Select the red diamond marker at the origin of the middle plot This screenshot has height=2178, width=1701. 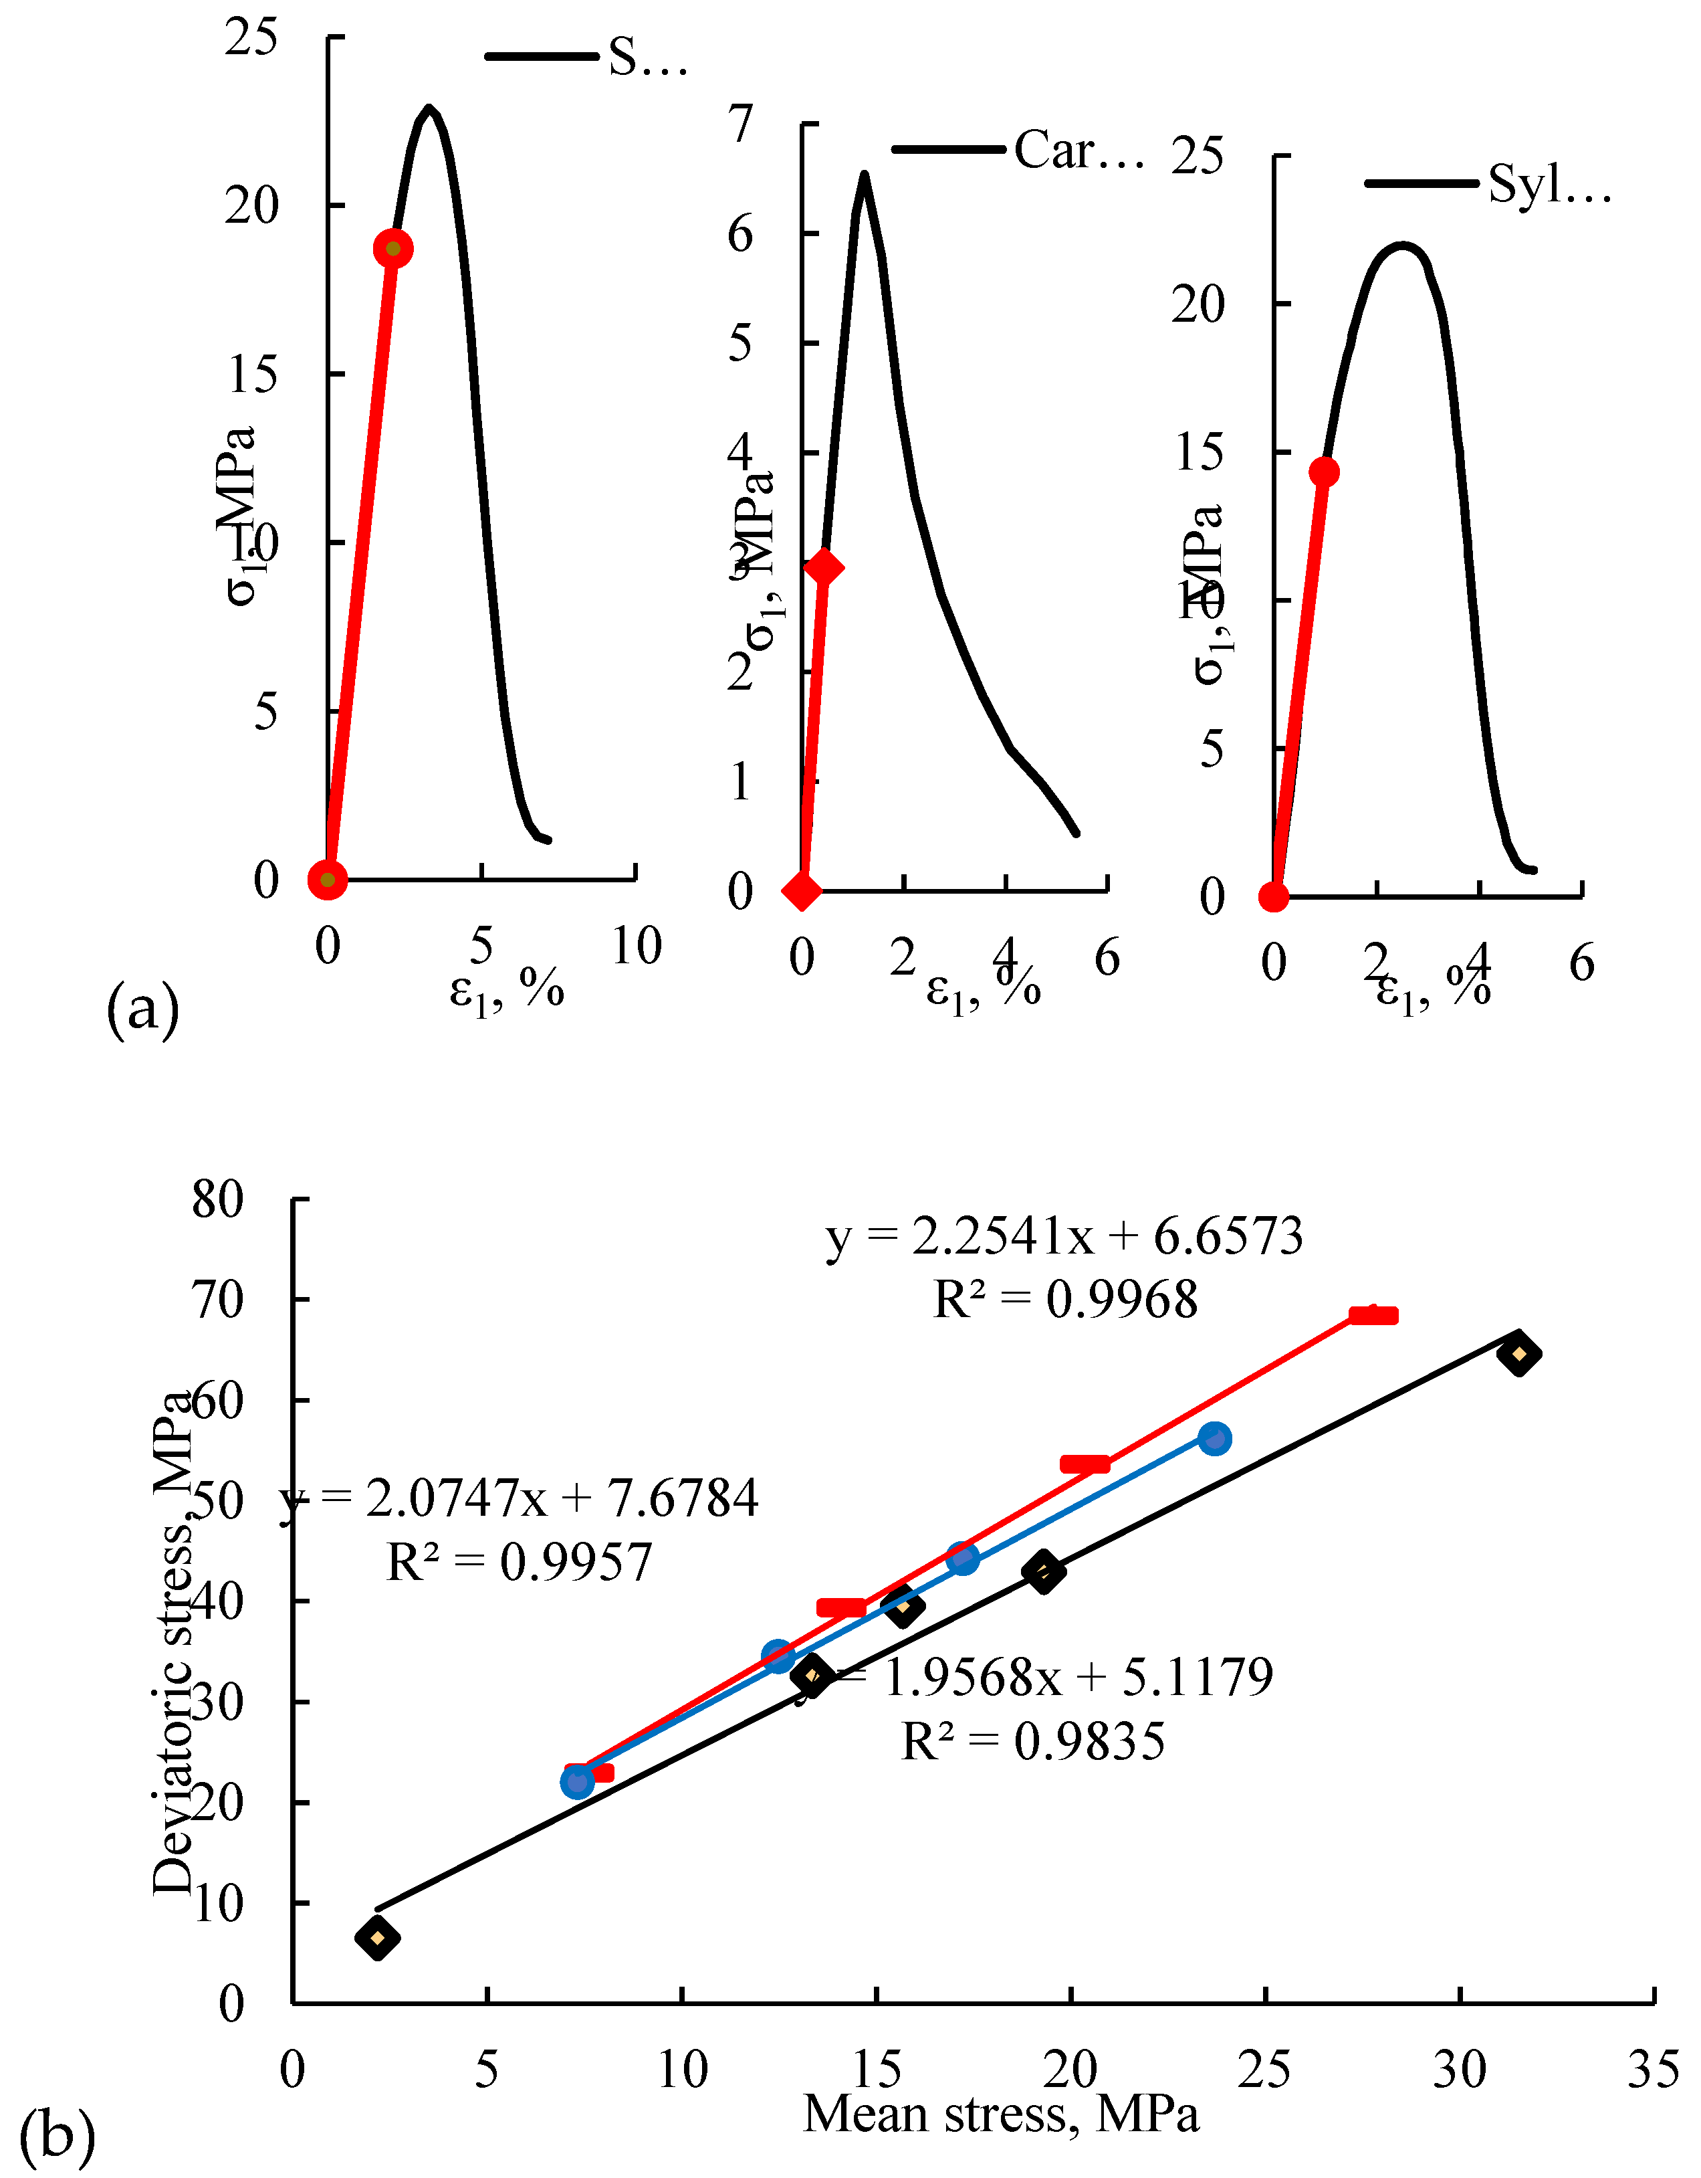click(802, 890)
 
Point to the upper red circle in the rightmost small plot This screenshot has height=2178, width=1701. click(1323, 472)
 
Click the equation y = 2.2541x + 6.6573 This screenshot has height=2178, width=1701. click(1064, 1237)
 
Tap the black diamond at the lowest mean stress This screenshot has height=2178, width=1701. click(377, 1938)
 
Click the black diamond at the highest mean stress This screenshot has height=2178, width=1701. click(1518, 1353)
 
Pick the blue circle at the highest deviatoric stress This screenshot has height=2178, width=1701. click(1214, 1438)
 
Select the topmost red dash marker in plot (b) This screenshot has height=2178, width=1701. click(1373, 1315)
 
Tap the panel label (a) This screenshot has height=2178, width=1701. click(142, 1009)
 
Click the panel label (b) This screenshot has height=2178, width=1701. click(57, 2135)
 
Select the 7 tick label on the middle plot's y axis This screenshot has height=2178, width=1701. click(739, 124)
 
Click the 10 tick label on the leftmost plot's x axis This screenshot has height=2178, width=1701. click(636, 945)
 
